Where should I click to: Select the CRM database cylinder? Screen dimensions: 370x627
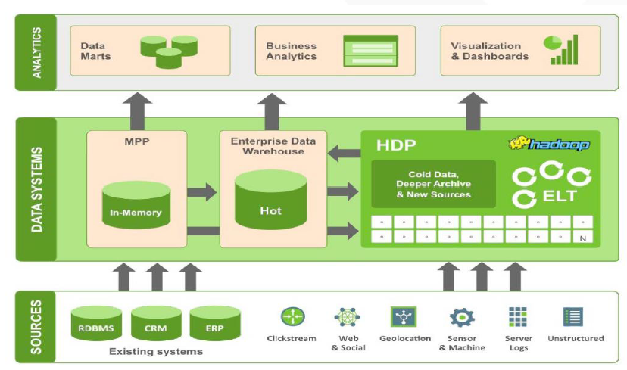[156, 323]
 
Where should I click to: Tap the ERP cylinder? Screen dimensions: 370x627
[215, 323]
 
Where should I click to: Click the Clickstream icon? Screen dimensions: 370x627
[292, 316]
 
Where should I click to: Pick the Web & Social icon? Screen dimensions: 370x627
[348, 317]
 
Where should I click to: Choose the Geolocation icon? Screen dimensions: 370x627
[404, 316]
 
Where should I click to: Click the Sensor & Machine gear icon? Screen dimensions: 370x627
[461, 317]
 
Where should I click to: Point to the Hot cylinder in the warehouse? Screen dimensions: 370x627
[270, 200]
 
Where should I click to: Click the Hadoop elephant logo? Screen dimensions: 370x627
[549, 144]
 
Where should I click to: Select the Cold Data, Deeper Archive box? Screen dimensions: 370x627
[433, 184]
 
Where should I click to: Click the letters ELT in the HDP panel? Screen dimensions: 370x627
[560, 197]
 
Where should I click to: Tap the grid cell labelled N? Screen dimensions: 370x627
[582, 238]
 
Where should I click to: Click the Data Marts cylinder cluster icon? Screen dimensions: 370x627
[169, 49]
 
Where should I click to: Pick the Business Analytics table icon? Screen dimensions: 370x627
[370, 51]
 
